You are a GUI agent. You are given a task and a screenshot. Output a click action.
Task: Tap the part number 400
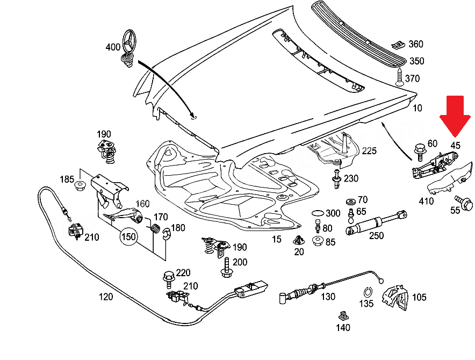pos(113,47)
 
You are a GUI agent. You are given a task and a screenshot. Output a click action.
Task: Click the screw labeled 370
pos(399,78)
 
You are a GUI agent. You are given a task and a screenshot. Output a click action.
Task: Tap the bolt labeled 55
pos(466,204)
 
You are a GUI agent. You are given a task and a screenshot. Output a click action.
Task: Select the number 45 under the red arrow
pos(455,146)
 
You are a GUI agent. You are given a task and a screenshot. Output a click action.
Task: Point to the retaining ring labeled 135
pos(368,293)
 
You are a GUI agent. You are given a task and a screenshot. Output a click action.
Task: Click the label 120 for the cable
pos(105,297)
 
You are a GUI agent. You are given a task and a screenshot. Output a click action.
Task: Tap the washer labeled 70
pos(350,201)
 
